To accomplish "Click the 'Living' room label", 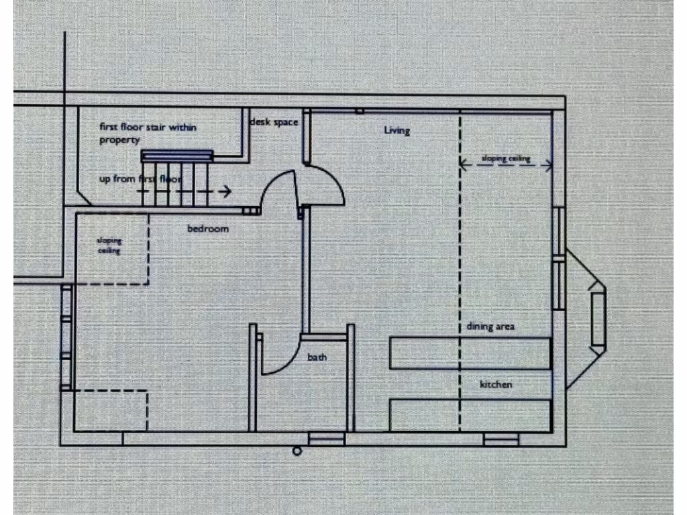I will pos(397,130).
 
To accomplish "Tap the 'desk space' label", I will pos(274,123).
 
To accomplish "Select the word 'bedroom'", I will pos(207,229).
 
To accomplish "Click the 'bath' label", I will pos(317,357).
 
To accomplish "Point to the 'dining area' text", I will pos(490,327).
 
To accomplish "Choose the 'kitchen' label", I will pos(496,384).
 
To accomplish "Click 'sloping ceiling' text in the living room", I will pos(507,159).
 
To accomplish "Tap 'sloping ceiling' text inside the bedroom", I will pos(109,245).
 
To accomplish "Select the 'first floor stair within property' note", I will pos(148,133).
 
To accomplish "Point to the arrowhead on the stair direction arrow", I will pos(228,191).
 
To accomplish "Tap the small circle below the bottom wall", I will pos(297,451).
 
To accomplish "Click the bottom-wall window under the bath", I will pos(326,439).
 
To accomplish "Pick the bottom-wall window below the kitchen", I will pos(501,439).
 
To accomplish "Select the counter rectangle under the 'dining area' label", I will pos(470,354).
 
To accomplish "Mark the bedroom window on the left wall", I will pos(66,337).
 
